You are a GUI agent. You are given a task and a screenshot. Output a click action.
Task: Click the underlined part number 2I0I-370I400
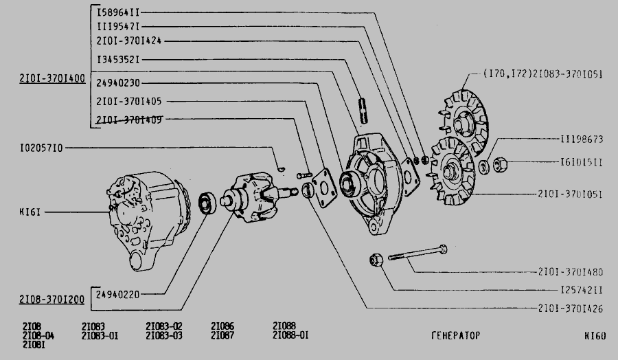52,78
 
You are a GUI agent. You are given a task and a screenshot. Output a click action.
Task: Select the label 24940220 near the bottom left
117,295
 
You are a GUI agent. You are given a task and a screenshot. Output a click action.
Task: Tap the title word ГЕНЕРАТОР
456,335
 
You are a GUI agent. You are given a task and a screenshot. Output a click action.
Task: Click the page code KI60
595,336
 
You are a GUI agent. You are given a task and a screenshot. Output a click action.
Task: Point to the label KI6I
30,212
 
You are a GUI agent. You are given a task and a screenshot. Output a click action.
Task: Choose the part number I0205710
41,148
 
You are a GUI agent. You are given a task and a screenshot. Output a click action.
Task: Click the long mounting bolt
417,253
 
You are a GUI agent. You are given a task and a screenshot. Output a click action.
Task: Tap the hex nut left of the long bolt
376,260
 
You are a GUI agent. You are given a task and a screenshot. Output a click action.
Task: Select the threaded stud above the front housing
363,111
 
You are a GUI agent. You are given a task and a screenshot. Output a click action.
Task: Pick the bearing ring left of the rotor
207,203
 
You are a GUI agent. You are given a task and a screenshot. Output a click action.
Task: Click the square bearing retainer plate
324,188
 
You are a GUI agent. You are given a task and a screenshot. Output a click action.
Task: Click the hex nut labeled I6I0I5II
500,164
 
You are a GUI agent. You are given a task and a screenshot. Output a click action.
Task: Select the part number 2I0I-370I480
571,271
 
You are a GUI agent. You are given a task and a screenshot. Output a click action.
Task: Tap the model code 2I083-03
164,335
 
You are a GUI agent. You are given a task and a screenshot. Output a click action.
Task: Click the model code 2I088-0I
290,335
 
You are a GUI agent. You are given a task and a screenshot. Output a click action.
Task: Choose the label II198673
582,139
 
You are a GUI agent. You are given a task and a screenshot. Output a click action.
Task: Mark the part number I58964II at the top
118,12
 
